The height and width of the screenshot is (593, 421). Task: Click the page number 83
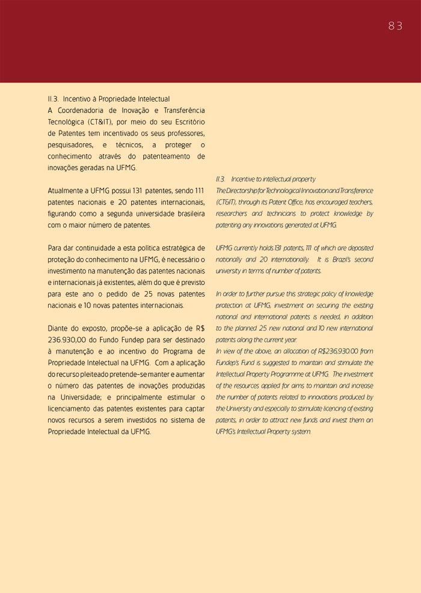395,26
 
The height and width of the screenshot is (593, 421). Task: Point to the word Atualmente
67,190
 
